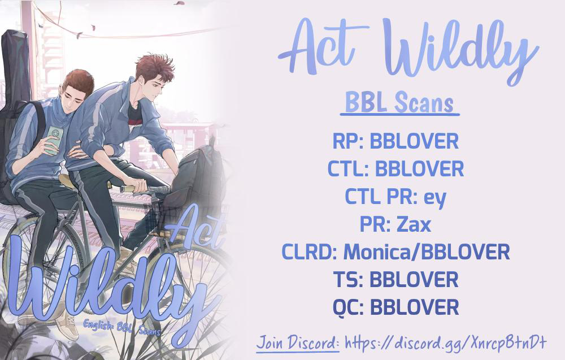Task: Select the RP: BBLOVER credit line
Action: [395, 141]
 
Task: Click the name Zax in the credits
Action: [414, 224]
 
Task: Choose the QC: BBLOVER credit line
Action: [395, 307]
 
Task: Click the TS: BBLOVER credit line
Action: [395, 280]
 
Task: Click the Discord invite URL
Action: [446, 342]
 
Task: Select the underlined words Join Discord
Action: [298, 342]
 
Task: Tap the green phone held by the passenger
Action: [54, 140]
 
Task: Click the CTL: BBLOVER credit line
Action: [395, 168]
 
